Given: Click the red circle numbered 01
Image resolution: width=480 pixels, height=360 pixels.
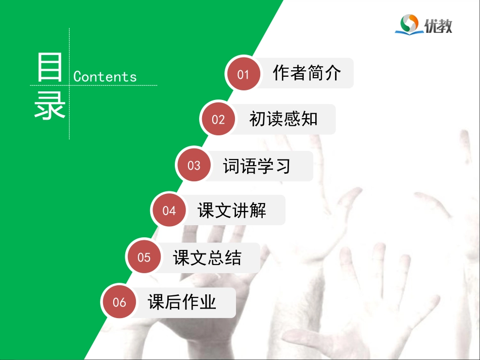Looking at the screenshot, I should click(x=244, y=74).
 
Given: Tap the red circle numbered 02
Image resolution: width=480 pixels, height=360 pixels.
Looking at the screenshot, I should click(x=218, y=120).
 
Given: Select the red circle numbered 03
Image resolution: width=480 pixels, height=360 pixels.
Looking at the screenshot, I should click(x=194, y=166).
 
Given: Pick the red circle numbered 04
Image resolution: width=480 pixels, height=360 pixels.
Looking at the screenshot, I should click(x=169, y=211).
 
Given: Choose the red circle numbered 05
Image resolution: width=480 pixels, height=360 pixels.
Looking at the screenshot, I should click(x=144, y=258).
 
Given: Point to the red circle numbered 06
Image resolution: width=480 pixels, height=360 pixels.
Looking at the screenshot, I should click(x=119, y=302).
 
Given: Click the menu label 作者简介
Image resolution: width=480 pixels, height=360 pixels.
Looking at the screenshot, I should click(x=307, y=73).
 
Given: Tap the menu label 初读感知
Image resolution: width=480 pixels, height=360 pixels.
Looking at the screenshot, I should click(x=283, y=119).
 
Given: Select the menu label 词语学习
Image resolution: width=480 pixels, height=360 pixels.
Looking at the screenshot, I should click(x=257, y=166).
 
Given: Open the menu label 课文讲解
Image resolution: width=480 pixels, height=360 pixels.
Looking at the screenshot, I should click(x=232, y=211).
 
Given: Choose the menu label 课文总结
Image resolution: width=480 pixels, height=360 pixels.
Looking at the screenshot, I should click(x=207, y=258).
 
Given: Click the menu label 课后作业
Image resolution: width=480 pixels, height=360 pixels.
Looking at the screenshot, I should click(x=182, y=302).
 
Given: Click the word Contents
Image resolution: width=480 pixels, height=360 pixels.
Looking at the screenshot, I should click(x=105, y=77).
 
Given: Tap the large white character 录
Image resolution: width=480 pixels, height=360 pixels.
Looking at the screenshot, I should click(x=50, y=107).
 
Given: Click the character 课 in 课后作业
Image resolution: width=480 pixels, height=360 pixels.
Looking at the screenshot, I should click(x=156, y=302).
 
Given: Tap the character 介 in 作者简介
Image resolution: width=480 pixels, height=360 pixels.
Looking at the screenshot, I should click(x=333, y=73).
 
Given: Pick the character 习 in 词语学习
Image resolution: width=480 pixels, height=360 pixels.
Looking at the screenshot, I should click(x=282, y=166).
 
